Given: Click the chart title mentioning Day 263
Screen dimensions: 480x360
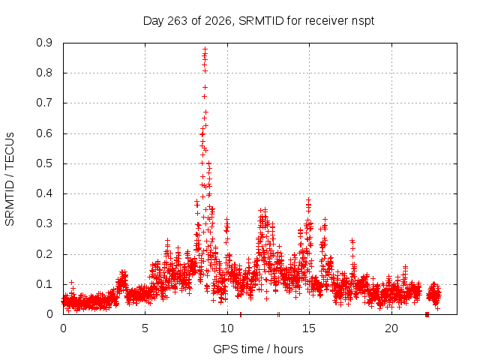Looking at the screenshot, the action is pyautogui.click(x=259, y=21).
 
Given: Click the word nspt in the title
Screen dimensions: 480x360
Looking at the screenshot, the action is pyautogui.click(x=363, y=22).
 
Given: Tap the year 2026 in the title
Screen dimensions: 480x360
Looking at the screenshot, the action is pyautogui.click(x=218, y=21).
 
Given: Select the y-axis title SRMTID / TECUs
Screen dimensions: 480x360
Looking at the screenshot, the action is pyautogui.click(x=10, y=179).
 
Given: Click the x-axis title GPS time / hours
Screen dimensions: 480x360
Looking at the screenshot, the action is pyautogui.click(x=258, y=349).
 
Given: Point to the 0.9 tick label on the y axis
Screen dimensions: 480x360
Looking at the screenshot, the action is pyautogui.click(x=44, y=43).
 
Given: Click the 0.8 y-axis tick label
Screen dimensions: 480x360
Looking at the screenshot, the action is pyautogui.click(x=44, y=73).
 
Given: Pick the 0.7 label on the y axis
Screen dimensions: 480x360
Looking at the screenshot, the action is pyautogui.click(x=44, y=103).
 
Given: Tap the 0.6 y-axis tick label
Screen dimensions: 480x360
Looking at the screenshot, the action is pyautogui.click(x=44, y=133).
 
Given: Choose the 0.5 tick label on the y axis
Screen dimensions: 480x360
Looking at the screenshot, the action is pyautogui.click(x=44, y=163).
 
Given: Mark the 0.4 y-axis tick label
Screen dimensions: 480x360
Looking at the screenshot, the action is pyautogui.click(x=44, y=193).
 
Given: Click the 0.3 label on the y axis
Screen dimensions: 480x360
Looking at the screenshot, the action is pyautogui.click(x=44, y=223).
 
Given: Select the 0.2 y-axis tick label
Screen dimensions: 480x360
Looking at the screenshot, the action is pyautogui.click(x=44, y=253).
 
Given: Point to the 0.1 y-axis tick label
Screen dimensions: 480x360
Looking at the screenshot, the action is pyautogui.click(x=44, y=284).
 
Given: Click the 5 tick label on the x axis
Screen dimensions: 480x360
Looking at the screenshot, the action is pyautogui.click(x=145, y=328).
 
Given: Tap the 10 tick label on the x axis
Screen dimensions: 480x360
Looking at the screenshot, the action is pyautogui.click(x=227, y=328).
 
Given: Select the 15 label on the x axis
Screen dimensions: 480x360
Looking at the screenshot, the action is pyautogui.click(x=309, y=328).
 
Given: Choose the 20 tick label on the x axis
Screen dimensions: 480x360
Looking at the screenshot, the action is pyautogui.click(x=391, y=328).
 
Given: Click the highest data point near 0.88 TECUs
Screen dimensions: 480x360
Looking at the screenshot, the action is pyautogui.click(x=205, y=49).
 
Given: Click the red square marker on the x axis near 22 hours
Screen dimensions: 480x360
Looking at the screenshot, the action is pyautogui.click(x=427, y=315).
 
